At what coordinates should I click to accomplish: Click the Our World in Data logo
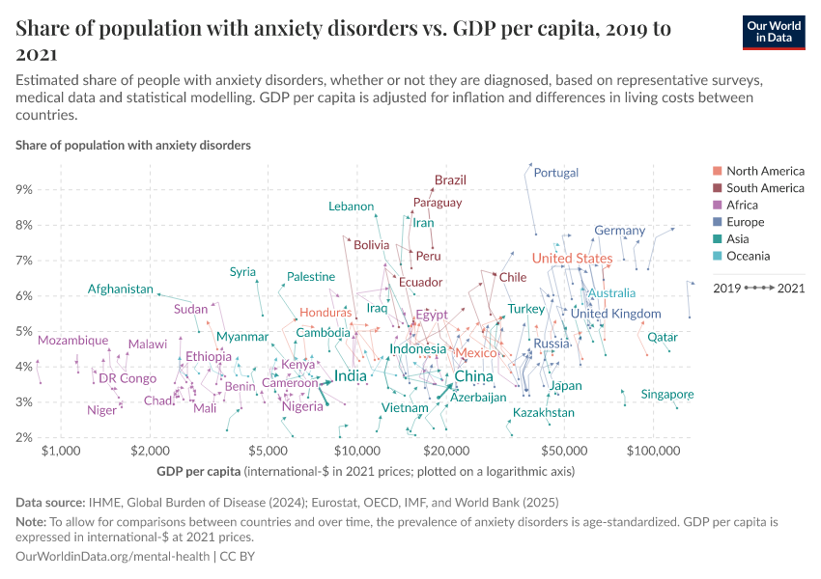point(775,31)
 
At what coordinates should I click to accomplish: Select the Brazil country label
point(450,180)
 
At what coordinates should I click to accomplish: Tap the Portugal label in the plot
point(556,173)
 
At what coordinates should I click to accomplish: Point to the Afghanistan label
point(120,289)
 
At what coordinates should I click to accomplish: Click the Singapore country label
point(667,395)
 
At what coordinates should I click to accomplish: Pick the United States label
point(572,259)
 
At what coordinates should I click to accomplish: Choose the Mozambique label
point(73,341)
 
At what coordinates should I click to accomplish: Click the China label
point(473,376)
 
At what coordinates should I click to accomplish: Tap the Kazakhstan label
point(543,413)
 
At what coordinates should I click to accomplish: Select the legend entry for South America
point(764,188)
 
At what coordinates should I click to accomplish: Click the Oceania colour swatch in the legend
point(716,257)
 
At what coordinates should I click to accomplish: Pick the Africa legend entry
point(742,206)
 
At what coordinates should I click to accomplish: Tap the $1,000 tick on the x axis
point(61,452)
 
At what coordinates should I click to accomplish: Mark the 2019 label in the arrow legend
point(727,288)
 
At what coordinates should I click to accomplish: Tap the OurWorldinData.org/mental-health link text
point(112,558)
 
